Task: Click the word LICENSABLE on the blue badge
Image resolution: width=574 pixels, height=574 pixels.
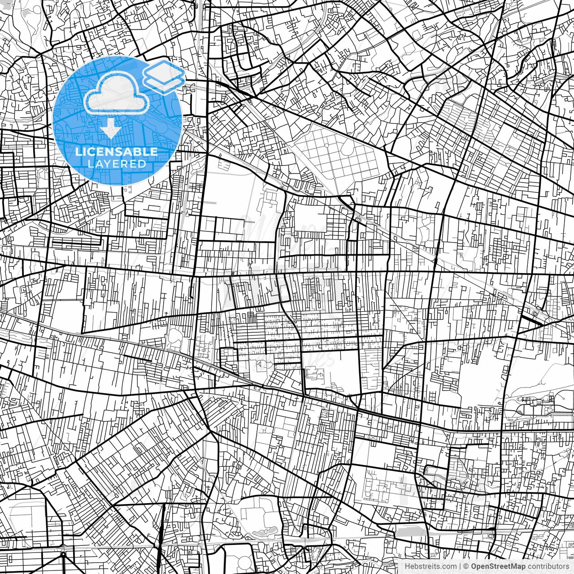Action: pos(117,152)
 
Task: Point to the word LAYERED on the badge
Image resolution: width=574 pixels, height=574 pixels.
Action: pos(117,164)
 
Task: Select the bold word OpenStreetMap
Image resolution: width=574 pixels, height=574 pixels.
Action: pos(498,566)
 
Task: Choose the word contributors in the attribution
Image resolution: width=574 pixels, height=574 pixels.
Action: pos(548,566)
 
